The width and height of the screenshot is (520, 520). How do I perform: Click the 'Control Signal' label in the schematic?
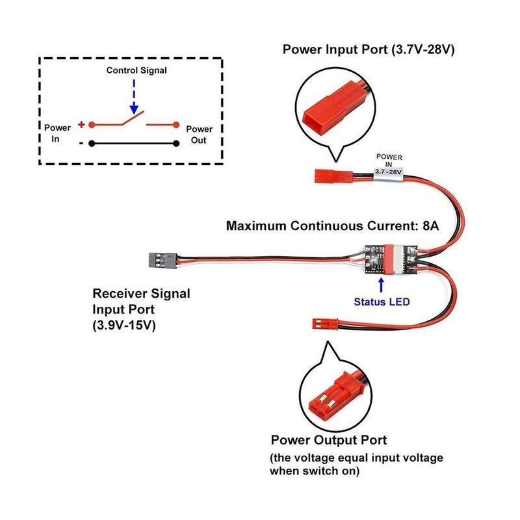(x=136, y=70)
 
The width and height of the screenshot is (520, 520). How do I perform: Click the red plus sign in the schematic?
(x=81, y=123)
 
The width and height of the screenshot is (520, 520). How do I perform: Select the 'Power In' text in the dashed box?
(x=57, y=133)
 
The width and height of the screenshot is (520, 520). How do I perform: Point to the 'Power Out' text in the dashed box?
(x=199, y=134)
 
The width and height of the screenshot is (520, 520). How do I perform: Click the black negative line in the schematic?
(x=133, y=144)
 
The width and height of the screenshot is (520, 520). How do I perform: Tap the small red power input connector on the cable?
(x=328, y=175)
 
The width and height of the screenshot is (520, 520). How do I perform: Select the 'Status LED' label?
(x=381, y=302)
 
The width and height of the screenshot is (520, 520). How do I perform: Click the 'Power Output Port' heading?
(x=329, y=440)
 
